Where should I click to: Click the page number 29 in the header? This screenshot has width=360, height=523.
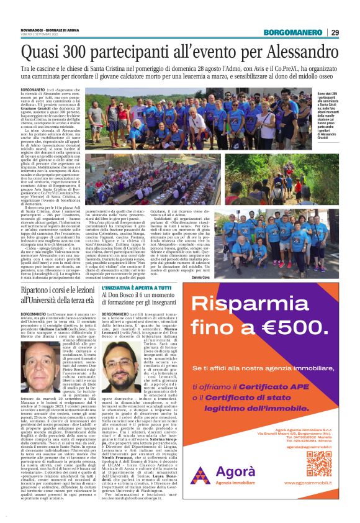(335, 32)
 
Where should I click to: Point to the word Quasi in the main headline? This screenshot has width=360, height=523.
(38, 51)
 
